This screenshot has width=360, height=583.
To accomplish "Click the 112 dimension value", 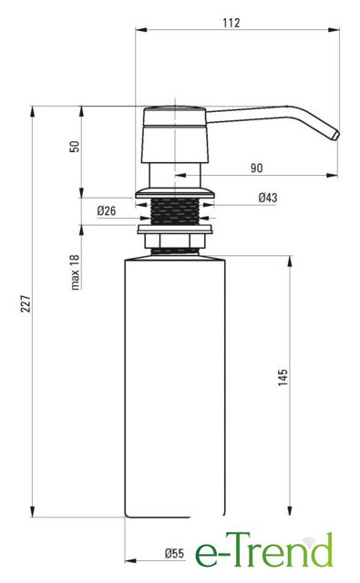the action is point(231,23).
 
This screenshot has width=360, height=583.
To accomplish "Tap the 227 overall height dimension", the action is point(26,303).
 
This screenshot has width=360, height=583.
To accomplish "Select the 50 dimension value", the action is point(75,146).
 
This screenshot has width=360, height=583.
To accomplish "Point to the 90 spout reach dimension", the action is point(256,168).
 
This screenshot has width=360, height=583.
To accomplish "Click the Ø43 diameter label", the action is point(268,198).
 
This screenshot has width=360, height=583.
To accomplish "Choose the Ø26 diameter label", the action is point(107,211).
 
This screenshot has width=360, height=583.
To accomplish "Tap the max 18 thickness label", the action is point(75,272).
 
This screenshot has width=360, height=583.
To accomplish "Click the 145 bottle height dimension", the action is point(283,377).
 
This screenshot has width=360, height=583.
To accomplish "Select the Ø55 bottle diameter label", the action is point(174,554).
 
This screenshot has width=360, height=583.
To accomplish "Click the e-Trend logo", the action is point(264,550).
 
